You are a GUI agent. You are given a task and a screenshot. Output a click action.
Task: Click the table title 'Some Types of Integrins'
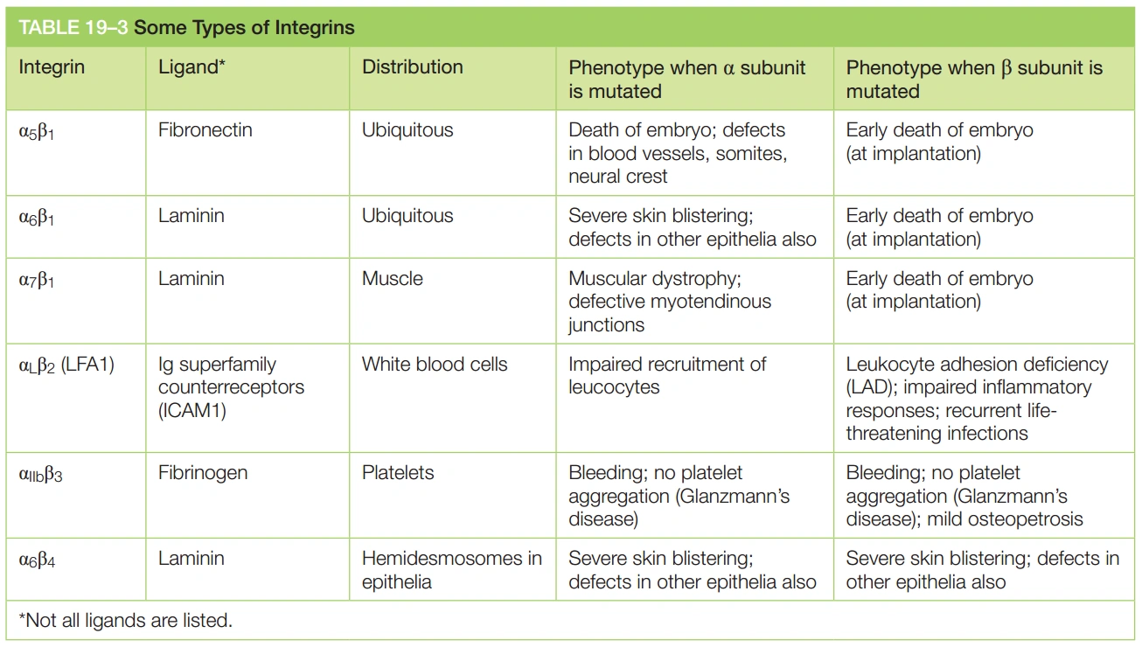pos(244,28)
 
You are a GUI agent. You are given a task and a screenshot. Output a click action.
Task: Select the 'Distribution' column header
pos(412,67)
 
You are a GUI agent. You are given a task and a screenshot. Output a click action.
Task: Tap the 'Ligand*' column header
pos(192,67)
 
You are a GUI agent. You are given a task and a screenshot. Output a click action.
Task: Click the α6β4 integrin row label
pos(37,560)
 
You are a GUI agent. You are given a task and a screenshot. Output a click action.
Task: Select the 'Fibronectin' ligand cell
pos(205,130)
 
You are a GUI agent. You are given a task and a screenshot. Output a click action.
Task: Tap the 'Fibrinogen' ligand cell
pos(203,473)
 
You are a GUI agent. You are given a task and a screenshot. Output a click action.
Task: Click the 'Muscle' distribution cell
pos(393,279)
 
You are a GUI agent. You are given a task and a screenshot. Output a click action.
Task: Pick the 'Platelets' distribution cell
pos(398,473)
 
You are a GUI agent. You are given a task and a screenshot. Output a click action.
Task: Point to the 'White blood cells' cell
pos(435,365)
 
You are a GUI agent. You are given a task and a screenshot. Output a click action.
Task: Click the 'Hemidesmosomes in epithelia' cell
pos(451,569)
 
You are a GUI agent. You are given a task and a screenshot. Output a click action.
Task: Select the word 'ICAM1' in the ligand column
pos(192,410)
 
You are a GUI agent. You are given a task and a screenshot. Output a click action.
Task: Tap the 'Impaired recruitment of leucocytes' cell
pos(667,376)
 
